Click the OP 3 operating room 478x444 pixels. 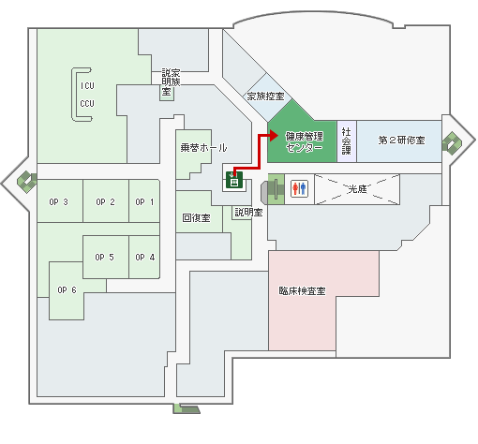[60, 201]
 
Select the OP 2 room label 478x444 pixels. [105, 202]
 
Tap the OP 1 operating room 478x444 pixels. [144, 201]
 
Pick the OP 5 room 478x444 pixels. [106, 257]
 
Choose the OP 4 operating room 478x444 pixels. [144, 257]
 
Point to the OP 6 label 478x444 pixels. [67, 290]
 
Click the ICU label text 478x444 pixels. [87, 86]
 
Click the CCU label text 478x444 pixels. [87, 103]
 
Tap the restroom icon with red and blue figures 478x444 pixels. [299, 188]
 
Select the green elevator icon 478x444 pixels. [234, 180]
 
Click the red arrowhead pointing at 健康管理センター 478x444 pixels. [274, 136]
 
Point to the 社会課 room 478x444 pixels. [347, 141]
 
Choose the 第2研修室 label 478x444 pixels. [402, 141]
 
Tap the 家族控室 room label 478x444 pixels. [266, 96]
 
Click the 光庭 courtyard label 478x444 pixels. [357, 188]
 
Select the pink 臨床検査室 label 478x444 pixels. [302, 291]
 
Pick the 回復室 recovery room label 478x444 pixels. [196, 217]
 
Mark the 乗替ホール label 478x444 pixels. [203, 147]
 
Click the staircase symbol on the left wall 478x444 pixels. [26, 182]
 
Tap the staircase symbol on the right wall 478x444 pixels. [452, 143]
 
